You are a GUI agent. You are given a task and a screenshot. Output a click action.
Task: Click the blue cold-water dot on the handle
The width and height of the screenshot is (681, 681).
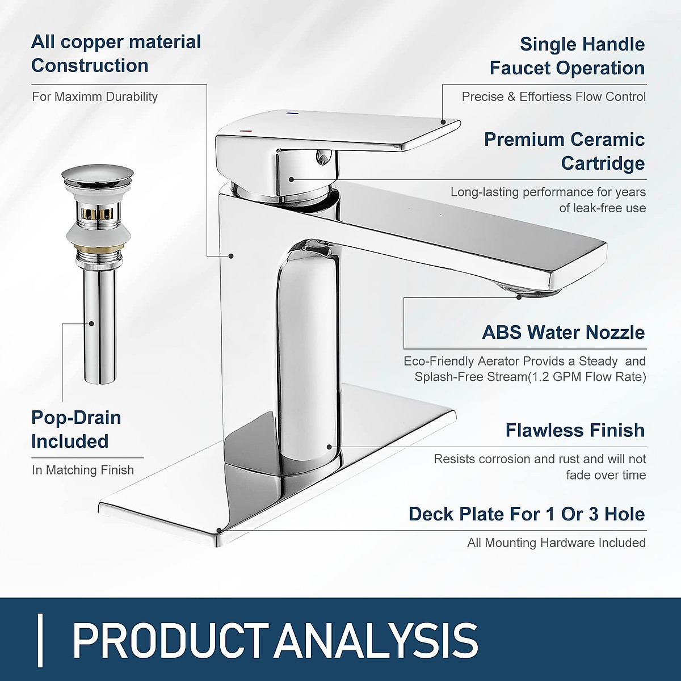tap(293, 113)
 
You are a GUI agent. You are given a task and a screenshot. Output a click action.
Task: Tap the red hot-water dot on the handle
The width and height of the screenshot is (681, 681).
tap(245, 131)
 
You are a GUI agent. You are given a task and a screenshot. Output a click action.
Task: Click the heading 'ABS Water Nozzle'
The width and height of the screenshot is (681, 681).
tap(563, 333)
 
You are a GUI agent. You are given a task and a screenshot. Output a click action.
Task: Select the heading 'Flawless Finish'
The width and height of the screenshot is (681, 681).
tap(575, 430)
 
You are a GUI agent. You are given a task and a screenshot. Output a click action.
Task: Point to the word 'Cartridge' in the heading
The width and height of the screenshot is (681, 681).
tap(603, 163)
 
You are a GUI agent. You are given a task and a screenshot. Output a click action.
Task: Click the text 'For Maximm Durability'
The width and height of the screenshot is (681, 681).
tap(95, 96)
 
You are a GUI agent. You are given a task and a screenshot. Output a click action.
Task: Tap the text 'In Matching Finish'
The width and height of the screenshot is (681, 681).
tap(83, 470)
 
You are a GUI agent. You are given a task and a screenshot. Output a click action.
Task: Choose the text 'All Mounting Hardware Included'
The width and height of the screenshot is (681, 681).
tap(556, 543)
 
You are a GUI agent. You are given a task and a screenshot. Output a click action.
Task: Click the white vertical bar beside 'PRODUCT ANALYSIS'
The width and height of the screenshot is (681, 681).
tap(40, 640)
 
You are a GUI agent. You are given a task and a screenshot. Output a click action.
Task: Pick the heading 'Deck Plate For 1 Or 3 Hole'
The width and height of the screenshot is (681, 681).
tap(527, 514)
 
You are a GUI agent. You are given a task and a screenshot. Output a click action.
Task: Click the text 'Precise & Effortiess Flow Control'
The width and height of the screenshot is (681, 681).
tap(553, 96)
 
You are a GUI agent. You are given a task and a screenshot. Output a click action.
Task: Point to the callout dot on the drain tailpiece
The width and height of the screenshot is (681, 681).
tap(91, 323)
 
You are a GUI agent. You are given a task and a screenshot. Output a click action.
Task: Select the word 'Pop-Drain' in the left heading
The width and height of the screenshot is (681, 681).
tap(76, 418)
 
